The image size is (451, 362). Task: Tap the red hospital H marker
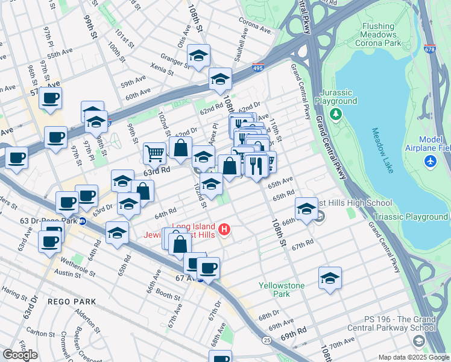(x=225, y=229)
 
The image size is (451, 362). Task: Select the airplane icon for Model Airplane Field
(x=429, y=162)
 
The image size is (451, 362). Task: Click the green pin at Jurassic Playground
(x=335, y=101)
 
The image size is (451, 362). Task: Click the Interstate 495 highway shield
(x=258, y=70)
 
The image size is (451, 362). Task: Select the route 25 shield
(x=266, y=341)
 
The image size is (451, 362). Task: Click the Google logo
(x=20, y=354)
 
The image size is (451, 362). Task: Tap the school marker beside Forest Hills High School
(x=306, y=209)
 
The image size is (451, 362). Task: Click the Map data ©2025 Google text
(x=414, y=357)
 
